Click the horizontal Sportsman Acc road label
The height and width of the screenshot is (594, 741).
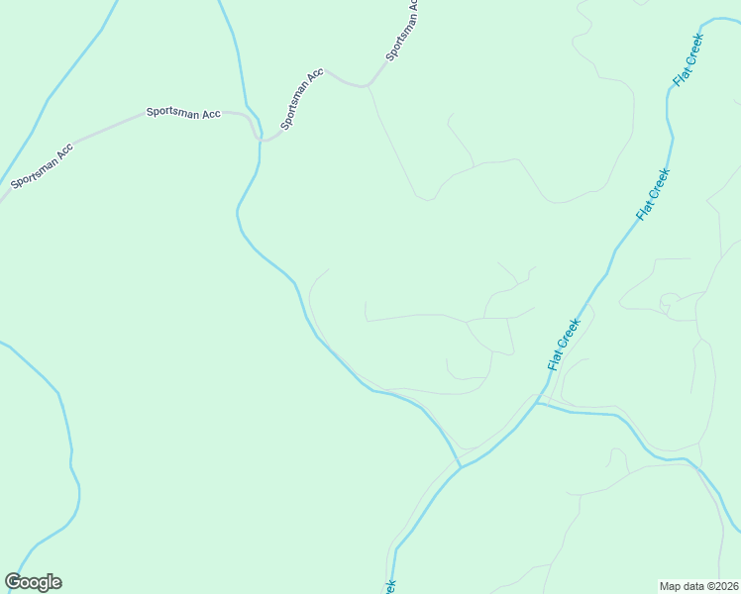(x=183, y=114)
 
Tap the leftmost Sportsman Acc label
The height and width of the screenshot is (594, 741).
(x=42, y=166)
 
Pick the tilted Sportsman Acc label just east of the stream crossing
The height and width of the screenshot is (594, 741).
(x=302, y=99)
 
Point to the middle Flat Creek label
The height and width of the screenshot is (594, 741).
(x=654, y=194)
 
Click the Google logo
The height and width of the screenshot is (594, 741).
(x=33, y=582)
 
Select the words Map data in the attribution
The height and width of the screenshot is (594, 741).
(x=682, y=585)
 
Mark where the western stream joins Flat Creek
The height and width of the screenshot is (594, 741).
(x=461, y=466)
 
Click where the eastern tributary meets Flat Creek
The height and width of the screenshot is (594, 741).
(x=538, y=403)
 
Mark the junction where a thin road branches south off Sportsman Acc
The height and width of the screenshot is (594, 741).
(x=368, y=87)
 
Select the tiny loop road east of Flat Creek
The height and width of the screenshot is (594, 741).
(x=668, y=301)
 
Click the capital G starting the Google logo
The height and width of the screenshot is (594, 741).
(x=13, y=582)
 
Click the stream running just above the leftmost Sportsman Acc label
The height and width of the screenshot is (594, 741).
(x=30, y=119)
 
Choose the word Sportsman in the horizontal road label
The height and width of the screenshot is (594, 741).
(x=169, y=113)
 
